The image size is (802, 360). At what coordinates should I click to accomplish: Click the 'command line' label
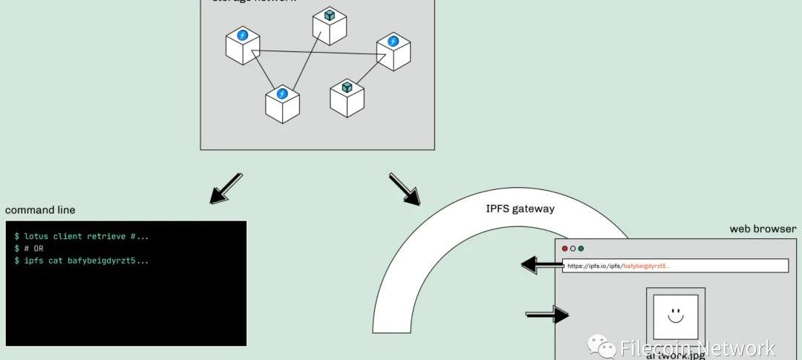click(x=40, y=210)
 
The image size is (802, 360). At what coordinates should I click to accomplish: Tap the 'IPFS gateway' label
click(x=520, y=209)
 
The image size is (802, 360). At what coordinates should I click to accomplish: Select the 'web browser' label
click(x=763, y=229)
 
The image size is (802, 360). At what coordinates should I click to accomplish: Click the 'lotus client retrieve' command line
click(x=82, y=236)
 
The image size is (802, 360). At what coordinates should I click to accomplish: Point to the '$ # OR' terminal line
click(x=29, y=249)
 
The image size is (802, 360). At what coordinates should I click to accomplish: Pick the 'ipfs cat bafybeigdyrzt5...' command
click(x=82, y=261)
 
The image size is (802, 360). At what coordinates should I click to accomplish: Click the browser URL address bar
click(x=676, y=265)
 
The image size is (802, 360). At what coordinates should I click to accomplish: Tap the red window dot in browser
click(x=565, y=249)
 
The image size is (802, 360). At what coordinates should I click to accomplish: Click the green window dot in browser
click(x=581, y=249)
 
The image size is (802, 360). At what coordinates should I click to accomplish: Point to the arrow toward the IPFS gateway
click(x=405, y=189)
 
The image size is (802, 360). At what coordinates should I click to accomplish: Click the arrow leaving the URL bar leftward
click(x=540, y=264)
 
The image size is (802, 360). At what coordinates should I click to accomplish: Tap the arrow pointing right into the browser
click(x=547, y=315)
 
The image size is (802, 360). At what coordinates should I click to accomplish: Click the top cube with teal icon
click(x=330, y=26)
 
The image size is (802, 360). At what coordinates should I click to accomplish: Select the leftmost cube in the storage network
click(x=243, y=45)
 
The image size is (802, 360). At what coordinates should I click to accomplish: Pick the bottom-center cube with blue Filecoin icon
click(x=282, y=104)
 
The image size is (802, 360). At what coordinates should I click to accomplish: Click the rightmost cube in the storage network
click(x=393, y=52)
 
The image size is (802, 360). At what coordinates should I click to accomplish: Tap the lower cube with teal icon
click(x=347, y=98)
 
